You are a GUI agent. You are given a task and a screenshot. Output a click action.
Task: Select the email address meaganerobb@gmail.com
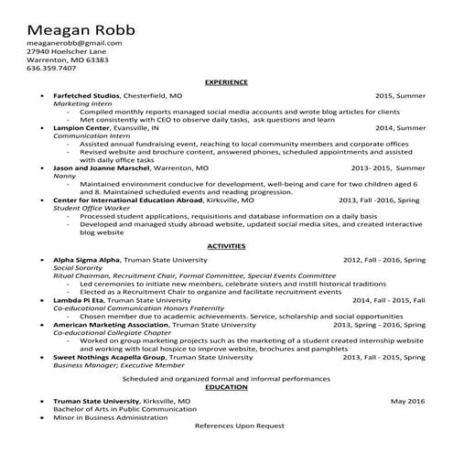point(74,43)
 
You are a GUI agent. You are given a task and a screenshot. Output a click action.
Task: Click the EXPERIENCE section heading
point(226,82)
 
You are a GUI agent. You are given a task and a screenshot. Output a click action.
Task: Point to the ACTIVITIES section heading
point(226,247)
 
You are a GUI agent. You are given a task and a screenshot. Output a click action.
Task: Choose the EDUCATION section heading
point(226,387)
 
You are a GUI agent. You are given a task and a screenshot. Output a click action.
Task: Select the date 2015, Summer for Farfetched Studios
point(400,95)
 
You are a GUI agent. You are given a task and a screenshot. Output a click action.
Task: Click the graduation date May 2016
point(407,401)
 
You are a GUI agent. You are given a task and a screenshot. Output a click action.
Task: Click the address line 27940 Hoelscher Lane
point(69,51)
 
